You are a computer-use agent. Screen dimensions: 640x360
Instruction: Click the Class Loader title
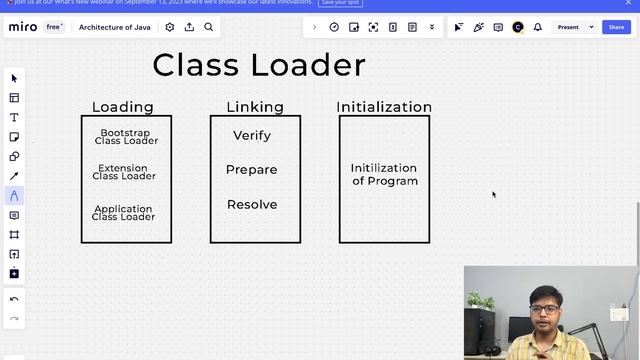click(x=259, y=66)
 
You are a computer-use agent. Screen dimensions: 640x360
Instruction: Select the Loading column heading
click(x=123, y=107)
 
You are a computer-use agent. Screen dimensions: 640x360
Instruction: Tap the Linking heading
click(x=255, y=107)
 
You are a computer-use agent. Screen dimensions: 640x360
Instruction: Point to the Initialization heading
click(x=384, y=107)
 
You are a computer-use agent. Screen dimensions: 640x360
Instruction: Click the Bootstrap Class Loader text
click(x=126, y=137)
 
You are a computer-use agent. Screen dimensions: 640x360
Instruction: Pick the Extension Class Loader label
click(x=124, y=172)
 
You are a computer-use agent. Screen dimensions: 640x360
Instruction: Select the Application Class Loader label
click(x=124, y=212)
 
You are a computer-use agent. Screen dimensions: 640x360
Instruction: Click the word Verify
click(x=252, y=136)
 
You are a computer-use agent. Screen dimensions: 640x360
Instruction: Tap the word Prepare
click(x=252, y=170)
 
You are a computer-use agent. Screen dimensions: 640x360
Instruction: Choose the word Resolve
click(x=252, y=205)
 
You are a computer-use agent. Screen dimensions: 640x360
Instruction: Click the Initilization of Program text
click(x=384, y=175)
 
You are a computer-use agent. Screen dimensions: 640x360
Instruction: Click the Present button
click(x=568, y=27)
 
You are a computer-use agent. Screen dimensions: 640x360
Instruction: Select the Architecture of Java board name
click(x=115, y=27)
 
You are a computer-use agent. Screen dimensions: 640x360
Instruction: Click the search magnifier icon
click(x=209, y=27)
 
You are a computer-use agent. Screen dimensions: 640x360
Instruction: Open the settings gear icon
click(x=170, y=27)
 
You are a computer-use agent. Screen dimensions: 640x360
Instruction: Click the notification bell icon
click(x=537, y=27)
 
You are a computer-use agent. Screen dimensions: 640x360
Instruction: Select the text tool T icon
click(x=14, y=117)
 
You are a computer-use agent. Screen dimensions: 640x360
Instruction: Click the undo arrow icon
click(x=14, y=299)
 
